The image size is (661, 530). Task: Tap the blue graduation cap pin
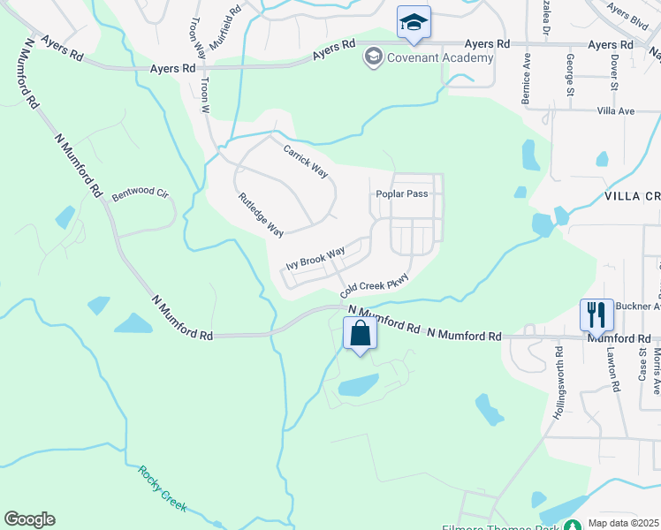(413, 23)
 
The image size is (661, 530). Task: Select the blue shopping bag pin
(360, 335)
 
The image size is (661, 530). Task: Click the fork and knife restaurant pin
(596, 314)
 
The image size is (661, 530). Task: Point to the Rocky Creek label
(162, 487)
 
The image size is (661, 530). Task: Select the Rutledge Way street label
(261, 215)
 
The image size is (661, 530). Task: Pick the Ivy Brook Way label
(315, 260)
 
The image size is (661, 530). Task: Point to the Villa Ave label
(616, 111)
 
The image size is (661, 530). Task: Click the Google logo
(29, 519)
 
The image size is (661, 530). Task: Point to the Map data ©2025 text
(624, 523)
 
